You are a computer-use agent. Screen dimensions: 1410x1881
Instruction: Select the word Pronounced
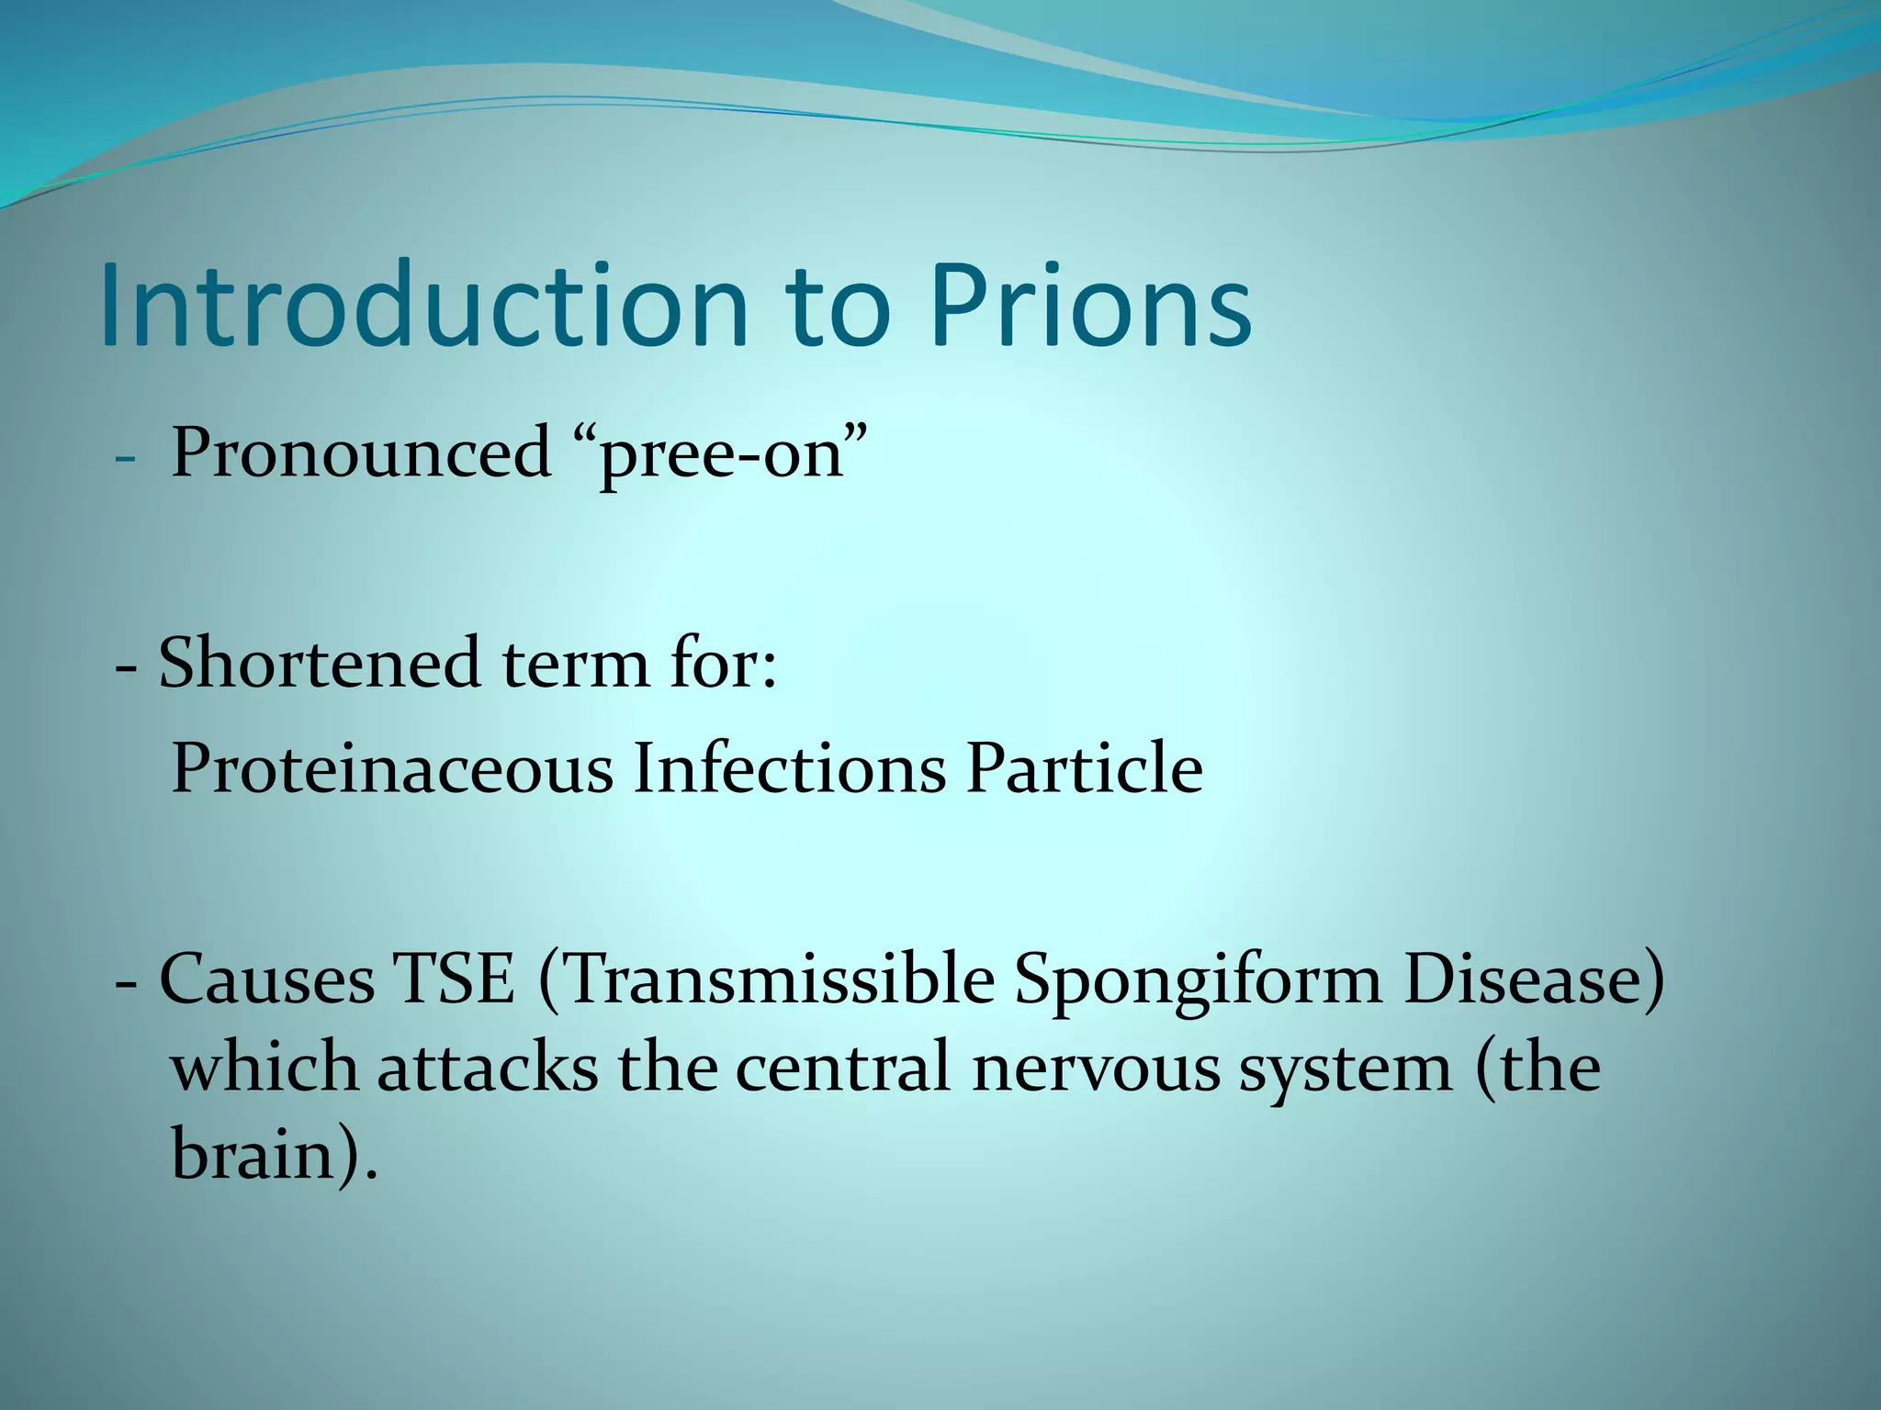coord(360,453)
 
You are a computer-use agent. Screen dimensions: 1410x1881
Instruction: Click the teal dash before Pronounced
coord(126,457)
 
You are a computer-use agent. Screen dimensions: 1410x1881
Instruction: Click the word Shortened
coord(319,663)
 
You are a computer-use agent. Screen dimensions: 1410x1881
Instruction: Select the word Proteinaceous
coord(392,767)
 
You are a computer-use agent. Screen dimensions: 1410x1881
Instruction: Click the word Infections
coord(789,767)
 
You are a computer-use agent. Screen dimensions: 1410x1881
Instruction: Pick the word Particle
coord(1084,767)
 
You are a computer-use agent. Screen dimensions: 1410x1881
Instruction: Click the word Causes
coord(267,979)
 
